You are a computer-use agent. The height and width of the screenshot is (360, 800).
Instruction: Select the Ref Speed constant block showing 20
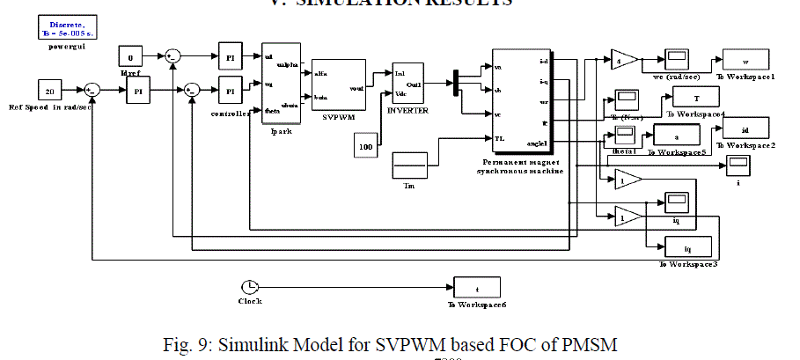pyautogui.click(x=49, y=90)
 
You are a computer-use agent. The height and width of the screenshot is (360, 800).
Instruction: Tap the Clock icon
pyautogui.click(x=249, y=287)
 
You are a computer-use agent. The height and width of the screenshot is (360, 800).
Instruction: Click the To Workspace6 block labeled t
pyautogui.click(x=477, y=287)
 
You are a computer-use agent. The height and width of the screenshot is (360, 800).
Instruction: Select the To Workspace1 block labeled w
pyautogui.click(x=746, y=62)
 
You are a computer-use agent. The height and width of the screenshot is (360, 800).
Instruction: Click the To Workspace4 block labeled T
pyautogui.click(x=697, y=99)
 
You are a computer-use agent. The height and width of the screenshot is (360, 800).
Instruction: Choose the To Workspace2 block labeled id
pyautogui.click(x=745, y=128)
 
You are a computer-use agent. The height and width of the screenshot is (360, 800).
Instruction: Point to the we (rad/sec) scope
pyautogui.click(x=676, y=60)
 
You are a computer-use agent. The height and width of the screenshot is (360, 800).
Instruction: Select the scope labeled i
pyautogui.click(x=737, y=165)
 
